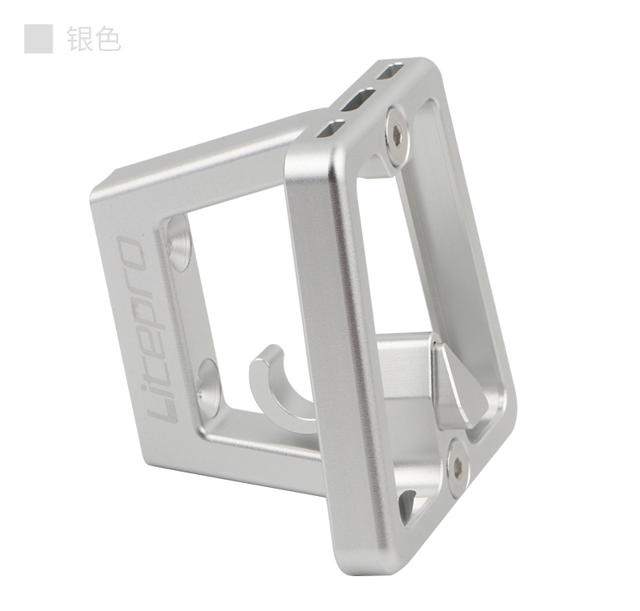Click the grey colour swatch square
(x=38, y=39)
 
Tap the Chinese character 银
(x=80, y=39)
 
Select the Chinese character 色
(x=109, y=39)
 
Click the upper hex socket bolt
(x=397, y=135)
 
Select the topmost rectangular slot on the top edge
(x=390, y=71)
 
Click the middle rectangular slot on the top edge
(x=358, y=99)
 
